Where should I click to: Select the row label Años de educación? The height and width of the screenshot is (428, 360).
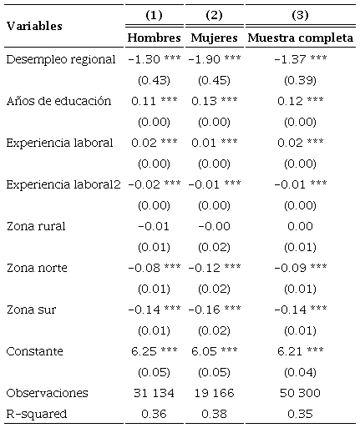tap(58, 101)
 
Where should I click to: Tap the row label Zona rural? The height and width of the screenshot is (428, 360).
tap(35, 225)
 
